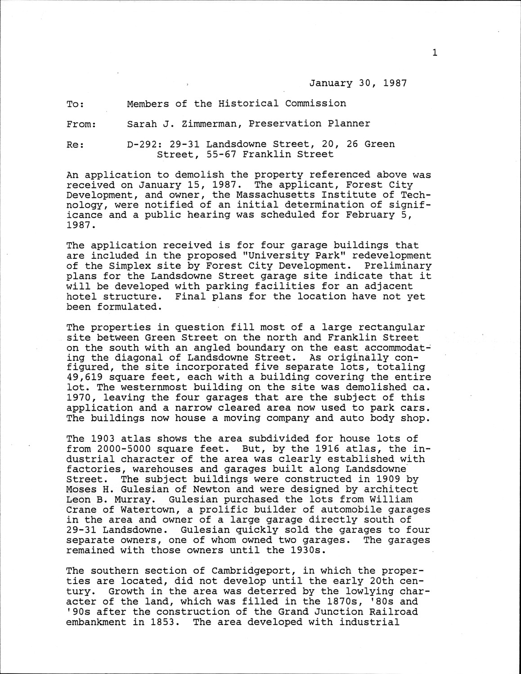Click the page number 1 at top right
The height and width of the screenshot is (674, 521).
[x=435, y=53]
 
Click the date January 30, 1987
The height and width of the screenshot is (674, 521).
[x=358, y=83]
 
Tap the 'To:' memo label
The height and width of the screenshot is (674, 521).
[x=75, y=104]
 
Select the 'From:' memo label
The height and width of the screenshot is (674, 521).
[x=81, y=124]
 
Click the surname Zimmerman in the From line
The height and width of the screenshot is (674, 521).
[x=209, y=124]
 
